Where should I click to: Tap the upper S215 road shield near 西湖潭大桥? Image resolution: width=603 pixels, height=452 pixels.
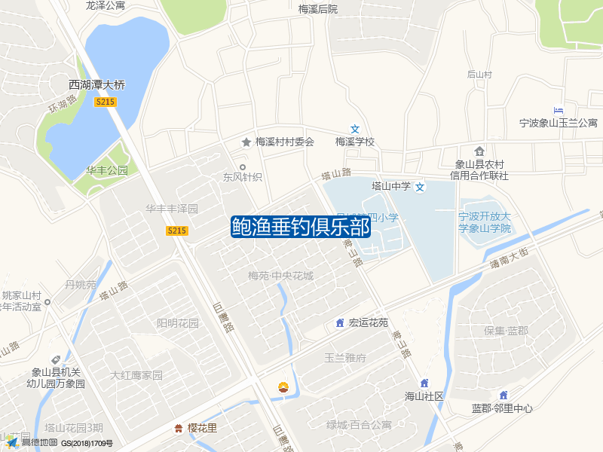[x=106, y=102]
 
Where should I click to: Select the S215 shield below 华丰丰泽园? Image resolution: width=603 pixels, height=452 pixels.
[x=176, y=231]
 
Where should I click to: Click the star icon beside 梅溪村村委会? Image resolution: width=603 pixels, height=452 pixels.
[x=246, y=142]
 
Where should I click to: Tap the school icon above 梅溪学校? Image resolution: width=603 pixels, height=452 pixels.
[x=355, y=129]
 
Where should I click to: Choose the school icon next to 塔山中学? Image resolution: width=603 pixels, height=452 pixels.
[x=421, y=186]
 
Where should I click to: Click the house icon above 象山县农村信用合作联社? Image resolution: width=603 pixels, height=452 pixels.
[x=479, y=151]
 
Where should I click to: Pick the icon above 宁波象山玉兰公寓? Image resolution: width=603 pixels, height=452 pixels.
[x=559, y=111]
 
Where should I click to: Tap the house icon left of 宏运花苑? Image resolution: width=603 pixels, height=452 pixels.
[x=340, y=323]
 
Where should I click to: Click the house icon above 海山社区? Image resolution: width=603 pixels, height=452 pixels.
[x=424, y=383]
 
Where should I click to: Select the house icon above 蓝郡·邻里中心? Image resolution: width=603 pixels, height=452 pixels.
[x=503, y=395]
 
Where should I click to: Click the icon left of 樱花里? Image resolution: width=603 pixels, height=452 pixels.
[x=179, y=429]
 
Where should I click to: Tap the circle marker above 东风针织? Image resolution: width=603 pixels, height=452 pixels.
[x=242, y=166]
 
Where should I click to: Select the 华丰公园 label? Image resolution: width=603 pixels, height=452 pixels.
[x=107, y=170]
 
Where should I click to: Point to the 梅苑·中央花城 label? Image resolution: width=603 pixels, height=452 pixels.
[x=280, y=276]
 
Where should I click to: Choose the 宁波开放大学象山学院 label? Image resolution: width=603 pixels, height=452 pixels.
[x=485, y=222]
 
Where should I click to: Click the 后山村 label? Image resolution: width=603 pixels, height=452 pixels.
[x=479, y=75]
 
